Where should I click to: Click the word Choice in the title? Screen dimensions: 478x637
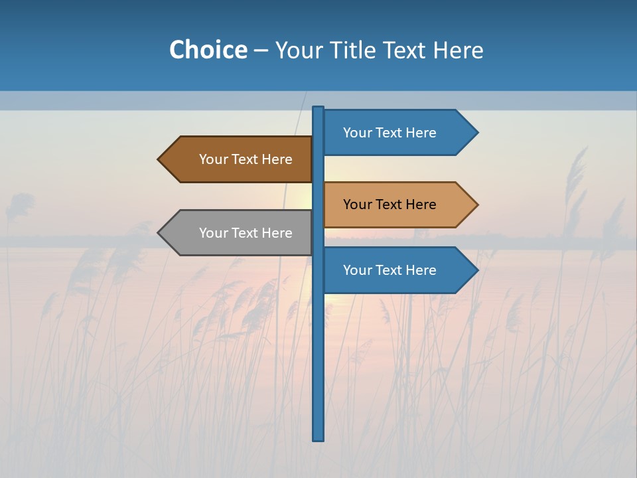tap(208, 50)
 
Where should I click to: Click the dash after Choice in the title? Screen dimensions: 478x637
tap(261, 50)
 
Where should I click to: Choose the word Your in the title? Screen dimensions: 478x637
tap(299, 50)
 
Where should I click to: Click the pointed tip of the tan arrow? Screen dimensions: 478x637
tap(476, 204)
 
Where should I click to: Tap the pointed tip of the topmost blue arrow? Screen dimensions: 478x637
tap(476, 133)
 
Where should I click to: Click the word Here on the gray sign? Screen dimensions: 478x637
tap(277, 233)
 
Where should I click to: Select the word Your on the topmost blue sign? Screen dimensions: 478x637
tap(357, 133)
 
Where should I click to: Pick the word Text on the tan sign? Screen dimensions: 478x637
tap(389, 204)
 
